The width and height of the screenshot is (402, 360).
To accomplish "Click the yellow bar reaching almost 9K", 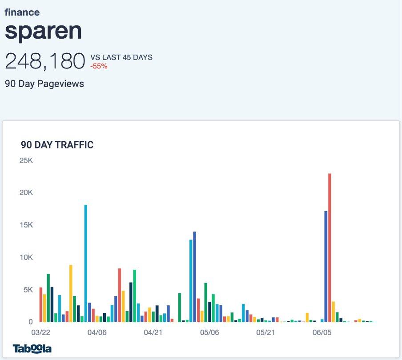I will click(x=71, y=293).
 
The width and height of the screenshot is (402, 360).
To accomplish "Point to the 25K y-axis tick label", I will click(x=26, y=160).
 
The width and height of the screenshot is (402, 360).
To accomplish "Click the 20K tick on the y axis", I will click(x=26, y=193).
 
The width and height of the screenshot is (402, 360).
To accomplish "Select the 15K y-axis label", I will click(x=26, y=225).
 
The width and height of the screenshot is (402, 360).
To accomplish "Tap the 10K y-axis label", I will click(x=26, y=257).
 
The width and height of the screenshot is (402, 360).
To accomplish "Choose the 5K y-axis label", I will click(x=28, y=290).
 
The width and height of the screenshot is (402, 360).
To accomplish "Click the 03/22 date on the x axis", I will click(x=41, y=332).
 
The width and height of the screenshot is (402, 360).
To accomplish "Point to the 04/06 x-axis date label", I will click(x=97, y=332).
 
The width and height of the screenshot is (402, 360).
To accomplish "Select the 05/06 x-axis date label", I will click(x=209, y=332).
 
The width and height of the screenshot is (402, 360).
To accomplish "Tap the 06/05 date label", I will click(x=322, y=332).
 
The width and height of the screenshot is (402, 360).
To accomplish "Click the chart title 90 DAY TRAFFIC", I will click(x=57, y=145).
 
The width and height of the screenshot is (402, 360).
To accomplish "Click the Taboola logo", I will click(x=32, y=348).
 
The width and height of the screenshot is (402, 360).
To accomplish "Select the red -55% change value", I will click(x=99, y=66).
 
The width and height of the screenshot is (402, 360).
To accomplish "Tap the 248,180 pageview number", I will click(x=45, y=61).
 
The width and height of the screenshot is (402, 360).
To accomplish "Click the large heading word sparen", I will click(x=44, y=31).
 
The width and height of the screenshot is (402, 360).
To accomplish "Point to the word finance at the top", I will click(x=22, y=12).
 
